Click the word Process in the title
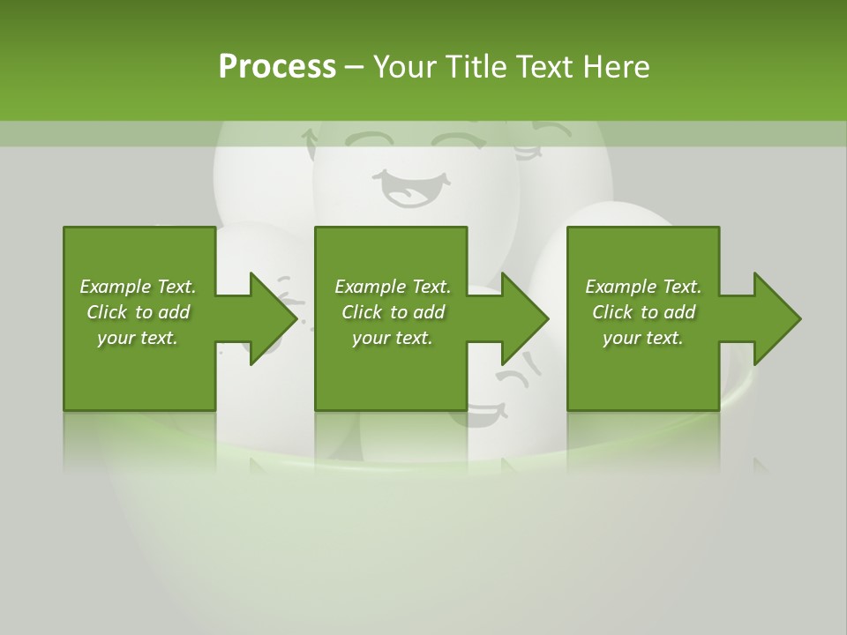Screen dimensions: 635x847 277,66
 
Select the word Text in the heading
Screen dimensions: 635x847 545,66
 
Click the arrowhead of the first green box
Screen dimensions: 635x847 272,318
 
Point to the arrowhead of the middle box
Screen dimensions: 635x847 524,318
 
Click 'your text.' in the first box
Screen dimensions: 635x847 138,338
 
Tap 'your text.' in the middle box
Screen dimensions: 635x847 393,338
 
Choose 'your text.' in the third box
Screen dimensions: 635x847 643,338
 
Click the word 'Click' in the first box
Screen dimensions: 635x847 107,312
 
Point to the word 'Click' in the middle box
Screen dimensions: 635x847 362,312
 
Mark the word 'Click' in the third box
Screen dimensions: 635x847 612,312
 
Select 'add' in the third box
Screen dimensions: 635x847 678,312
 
